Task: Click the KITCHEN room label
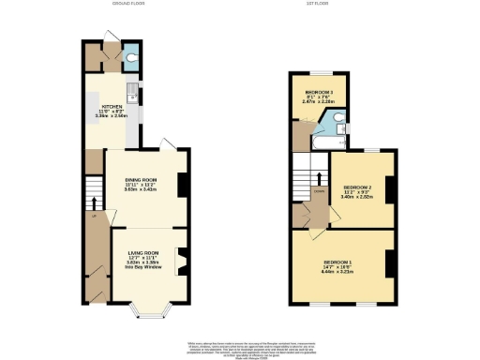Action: (112, 107)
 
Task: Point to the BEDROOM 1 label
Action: (338, 261)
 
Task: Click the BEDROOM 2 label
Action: (357, 187)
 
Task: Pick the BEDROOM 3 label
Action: (319, 92)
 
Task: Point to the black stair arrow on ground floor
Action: (93, 201)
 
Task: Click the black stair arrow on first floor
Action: (320, 179)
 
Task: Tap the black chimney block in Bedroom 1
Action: (388, 264)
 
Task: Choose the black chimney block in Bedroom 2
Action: (388, 189)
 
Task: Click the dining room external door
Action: (166, 143)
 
